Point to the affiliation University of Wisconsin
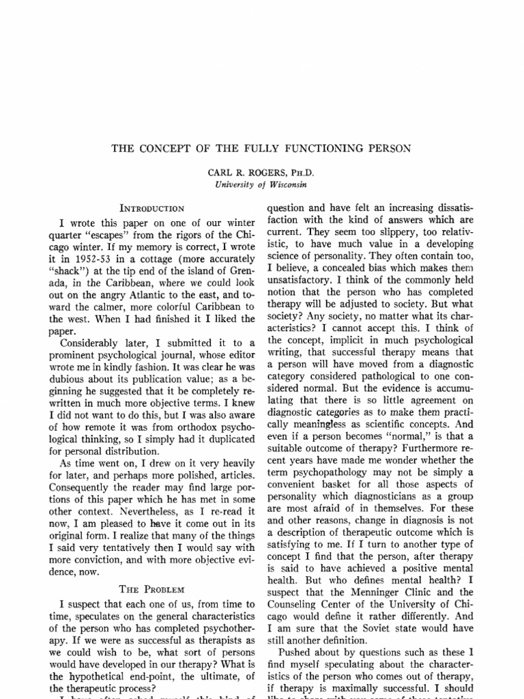pyautogui.click(x=257, y=184)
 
